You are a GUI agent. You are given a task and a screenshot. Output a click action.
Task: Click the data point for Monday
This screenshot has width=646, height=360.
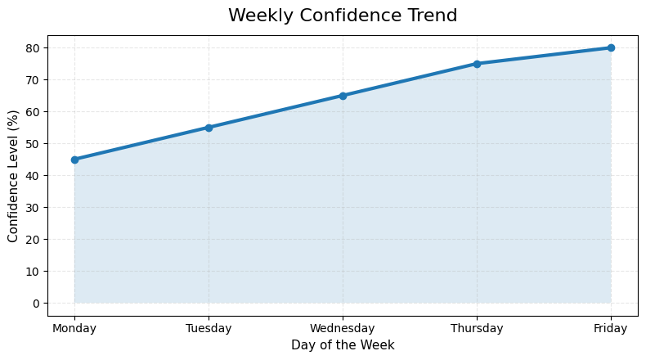[74, 160]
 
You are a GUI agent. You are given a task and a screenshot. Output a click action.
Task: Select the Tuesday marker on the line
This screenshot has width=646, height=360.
[209, 128]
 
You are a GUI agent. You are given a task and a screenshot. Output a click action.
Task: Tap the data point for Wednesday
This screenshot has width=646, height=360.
[343, 96]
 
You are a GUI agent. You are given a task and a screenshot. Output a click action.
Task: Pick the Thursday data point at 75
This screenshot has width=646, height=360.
[477, 64]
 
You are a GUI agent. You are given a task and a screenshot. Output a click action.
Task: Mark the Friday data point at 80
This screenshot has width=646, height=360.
[611, 47]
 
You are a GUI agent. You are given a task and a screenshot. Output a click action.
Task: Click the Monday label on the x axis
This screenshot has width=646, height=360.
[74, 329]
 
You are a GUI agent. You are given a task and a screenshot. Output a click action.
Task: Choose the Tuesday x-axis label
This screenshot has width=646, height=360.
[209, 329]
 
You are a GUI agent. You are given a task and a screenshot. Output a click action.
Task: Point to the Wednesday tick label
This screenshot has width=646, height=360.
[343, 329]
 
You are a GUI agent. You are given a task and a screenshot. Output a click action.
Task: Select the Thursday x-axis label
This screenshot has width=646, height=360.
[477, 329]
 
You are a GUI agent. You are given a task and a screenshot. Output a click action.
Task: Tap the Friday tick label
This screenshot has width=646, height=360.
[611, 329]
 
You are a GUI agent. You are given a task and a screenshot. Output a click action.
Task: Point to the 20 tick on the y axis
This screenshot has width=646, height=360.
[34, 240]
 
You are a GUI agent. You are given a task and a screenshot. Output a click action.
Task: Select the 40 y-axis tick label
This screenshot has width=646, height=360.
[34, 176]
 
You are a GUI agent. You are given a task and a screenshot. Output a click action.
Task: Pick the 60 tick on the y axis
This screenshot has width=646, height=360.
[34, 112]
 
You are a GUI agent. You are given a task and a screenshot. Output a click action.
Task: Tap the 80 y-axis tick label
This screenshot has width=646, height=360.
[34, 48]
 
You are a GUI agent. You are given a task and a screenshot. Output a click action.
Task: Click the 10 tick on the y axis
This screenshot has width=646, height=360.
[34, 272]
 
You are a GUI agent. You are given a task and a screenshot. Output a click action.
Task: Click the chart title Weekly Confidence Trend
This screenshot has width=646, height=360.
[343, 16]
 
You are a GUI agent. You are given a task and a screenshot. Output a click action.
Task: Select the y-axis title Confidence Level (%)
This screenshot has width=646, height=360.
[13, 176]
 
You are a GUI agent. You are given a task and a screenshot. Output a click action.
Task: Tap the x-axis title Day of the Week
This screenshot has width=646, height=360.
[343, 345]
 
